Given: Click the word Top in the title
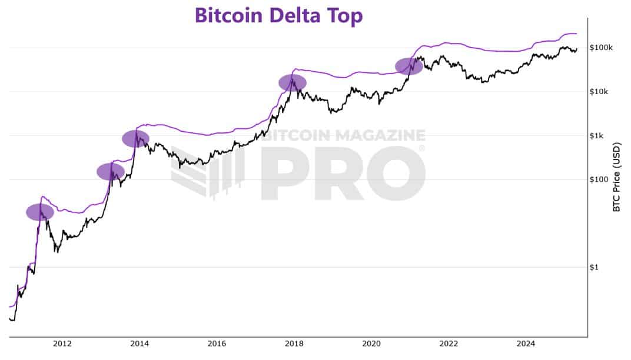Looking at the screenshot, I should (346, 16).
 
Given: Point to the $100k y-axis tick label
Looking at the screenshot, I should (600, 48).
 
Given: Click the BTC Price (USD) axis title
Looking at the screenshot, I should (617, 176).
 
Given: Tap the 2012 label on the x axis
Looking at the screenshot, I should (62, 344).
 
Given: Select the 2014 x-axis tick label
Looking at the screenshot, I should (139, 344).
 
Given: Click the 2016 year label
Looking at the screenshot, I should (217, 344).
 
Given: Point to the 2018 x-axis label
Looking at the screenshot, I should (294, 344).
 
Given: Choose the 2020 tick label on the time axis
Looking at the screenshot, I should (371, 344).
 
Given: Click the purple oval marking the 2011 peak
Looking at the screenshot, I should (40, 212).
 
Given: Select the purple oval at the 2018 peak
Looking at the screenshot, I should (293, 82).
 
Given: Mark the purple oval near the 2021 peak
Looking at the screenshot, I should (409, 66).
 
